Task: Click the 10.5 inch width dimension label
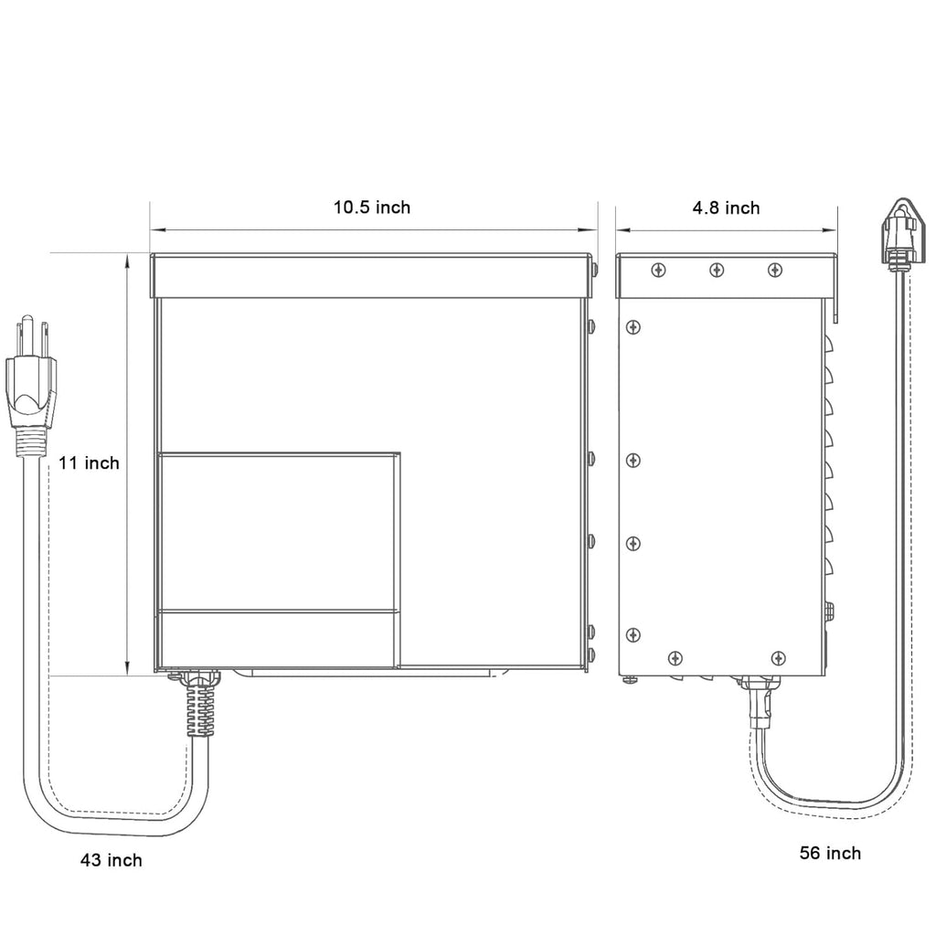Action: (371, 207)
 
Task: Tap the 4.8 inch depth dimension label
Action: (726, 207)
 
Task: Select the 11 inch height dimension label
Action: (89, 463)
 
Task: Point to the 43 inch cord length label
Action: (112, 860)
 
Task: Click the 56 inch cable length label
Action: (830, 853)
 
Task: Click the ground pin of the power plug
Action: (27, 335)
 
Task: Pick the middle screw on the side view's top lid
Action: (717, 271)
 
